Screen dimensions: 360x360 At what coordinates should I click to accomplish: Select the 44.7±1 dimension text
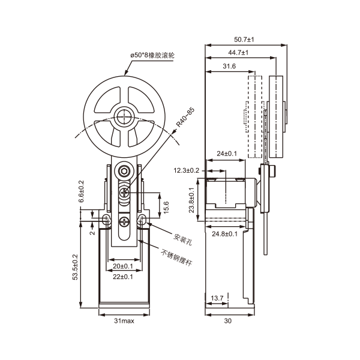(x=239, y=53)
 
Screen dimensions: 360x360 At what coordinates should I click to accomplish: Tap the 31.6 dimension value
(x=229, y=65)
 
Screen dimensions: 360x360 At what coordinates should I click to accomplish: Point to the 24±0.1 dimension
(x=226, y=154)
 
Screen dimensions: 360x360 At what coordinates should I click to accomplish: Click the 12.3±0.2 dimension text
(x=187, y=170)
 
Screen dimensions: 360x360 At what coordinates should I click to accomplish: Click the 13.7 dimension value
(x=218, y=298)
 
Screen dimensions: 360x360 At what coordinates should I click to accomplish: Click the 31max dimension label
(x=124, y=321)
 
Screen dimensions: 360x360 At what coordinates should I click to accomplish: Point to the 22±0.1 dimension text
(x=123, y=277)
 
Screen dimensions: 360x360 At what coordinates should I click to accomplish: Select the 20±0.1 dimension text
(x=123, y=266)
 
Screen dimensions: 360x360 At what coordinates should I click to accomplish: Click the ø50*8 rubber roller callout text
(x=152, y=55)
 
